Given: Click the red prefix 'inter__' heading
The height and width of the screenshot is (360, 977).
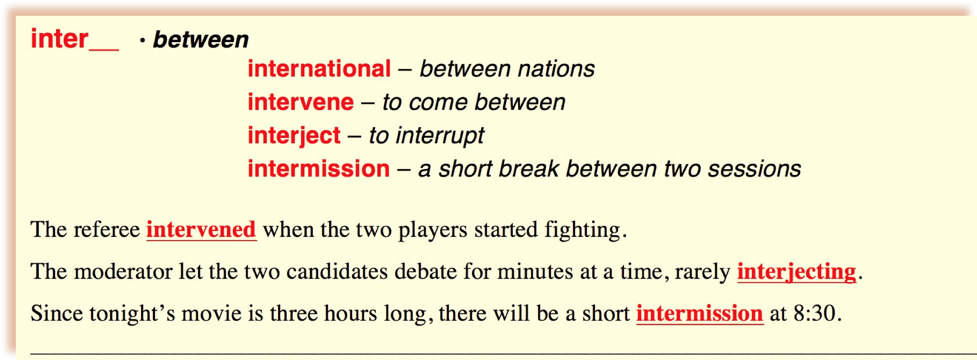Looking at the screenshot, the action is (75, 39).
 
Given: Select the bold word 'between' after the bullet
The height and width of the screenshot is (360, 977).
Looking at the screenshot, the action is (201, 40).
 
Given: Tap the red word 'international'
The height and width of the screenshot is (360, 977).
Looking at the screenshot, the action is (319, 69).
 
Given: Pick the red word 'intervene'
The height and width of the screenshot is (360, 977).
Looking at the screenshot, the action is (301, 102).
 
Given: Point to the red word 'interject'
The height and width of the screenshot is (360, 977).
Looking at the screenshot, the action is (294, 136).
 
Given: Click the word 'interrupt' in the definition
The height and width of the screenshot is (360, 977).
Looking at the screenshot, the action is (439, 136).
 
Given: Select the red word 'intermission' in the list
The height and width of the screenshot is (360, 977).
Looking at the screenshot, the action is (319, 169).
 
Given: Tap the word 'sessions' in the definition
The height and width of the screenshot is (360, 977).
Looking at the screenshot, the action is (754, 169).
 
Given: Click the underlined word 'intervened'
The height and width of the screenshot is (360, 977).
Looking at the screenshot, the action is (201, 229).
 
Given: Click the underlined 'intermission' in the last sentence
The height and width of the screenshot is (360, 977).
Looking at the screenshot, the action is (700, 313).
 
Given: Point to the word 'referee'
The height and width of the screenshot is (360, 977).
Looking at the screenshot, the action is (107, 229).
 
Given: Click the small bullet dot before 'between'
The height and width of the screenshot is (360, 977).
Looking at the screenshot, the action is (142, 41).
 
